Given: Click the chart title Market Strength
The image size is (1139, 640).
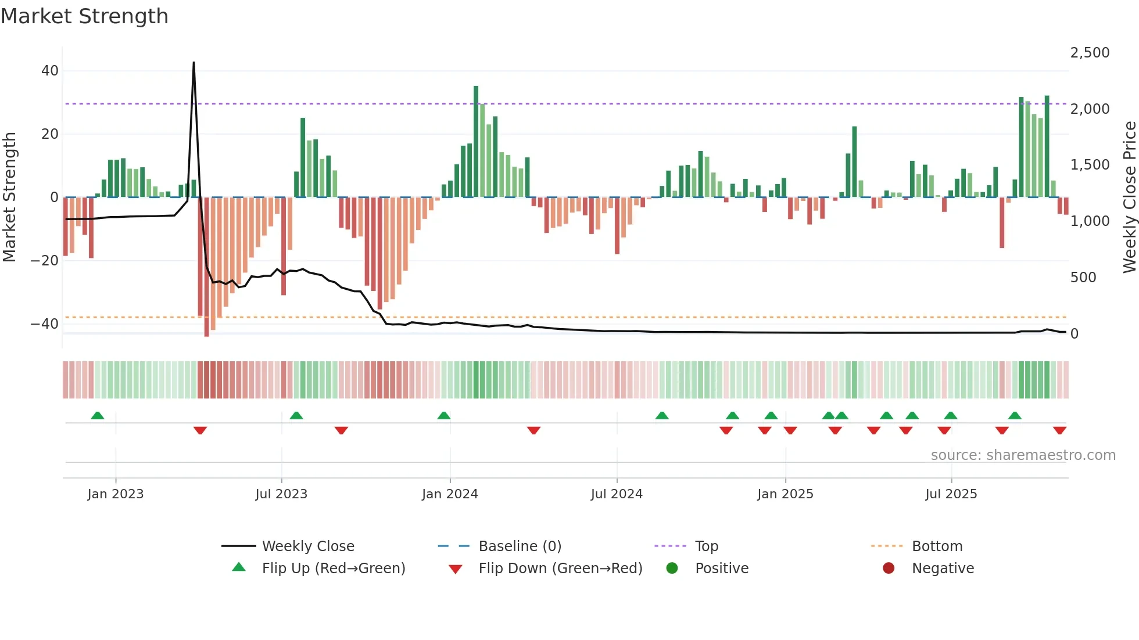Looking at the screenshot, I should (x=84, y=16).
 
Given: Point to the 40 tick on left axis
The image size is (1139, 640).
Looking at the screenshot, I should (x=50, y=71).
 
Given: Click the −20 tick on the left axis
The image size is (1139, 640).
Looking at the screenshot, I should (x=45, y=260).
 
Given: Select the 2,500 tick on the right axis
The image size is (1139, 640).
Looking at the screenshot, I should (x=1090, y=53).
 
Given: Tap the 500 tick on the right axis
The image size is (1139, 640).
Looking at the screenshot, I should (x=1083, y=278).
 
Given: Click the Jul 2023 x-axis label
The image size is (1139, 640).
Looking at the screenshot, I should (x=281, y=494).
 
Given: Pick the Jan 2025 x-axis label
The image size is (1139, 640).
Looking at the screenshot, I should (x=785, y=494).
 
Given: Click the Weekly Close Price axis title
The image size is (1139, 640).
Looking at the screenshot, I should (x=1129, y=197).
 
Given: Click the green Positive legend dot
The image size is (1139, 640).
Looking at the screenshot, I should (x=672, y=569).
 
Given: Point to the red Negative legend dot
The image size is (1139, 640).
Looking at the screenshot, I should (x=889, y=569).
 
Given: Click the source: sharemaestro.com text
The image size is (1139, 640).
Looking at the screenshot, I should (x=1023, y=455).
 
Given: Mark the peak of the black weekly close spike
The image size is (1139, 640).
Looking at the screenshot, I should (x=194, y=63).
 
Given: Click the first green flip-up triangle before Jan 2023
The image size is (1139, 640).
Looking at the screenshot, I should (x=98, y=416).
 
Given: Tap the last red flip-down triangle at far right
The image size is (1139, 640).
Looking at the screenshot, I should (x=1059, y=430).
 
